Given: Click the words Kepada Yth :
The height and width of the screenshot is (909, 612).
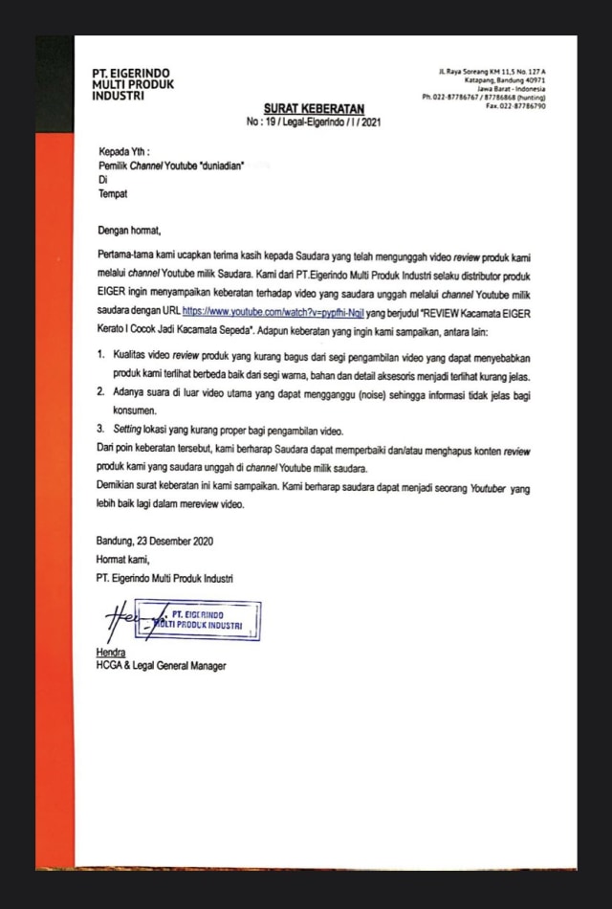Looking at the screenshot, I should [124, 151].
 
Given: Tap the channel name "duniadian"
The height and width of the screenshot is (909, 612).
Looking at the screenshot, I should [217, 166].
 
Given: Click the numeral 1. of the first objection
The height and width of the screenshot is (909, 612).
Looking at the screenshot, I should [102, 353].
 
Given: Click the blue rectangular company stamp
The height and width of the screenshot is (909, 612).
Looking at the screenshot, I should [199, 619].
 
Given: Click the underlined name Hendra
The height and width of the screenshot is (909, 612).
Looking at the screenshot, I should [111, 653].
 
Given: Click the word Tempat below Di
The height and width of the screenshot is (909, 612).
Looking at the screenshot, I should [112, 194].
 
